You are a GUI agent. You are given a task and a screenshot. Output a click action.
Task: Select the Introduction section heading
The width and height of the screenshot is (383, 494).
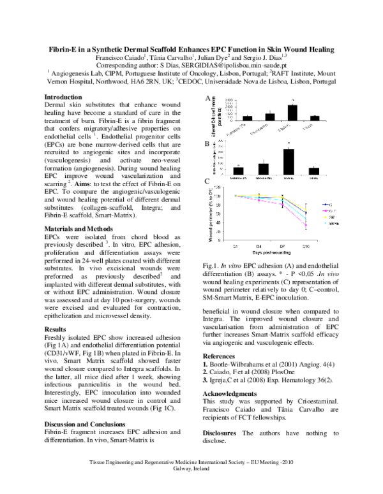point(64,96)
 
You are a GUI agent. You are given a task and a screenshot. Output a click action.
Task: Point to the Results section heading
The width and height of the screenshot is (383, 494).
point(56,329)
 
